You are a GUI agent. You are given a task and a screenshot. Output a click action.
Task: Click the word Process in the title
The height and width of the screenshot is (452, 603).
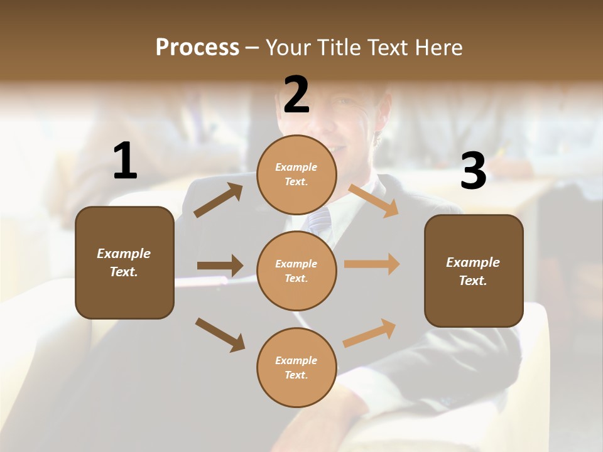point(197,48)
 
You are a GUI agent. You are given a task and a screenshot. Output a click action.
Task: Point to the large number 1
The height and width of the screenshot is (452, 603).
point(125,161)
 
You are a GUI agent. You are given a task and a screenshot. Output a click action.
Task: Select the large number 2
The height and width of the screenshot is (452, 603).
point(296,95)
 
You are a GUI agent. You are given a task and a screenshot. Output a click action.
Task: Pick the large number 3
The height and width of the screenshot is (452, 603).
point(474,171)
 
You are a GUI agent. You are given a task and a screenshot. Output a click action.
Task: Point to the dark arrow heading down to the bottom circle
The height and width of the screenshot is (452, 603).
point(220,334)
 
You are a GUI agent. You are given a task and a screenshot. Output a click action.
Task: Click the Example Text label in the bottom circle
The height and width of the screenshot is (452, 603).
point(296,368)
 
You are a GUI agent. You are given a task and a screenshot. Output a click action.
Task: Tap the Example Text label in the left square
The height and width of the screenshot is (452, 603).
point(124,262)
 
